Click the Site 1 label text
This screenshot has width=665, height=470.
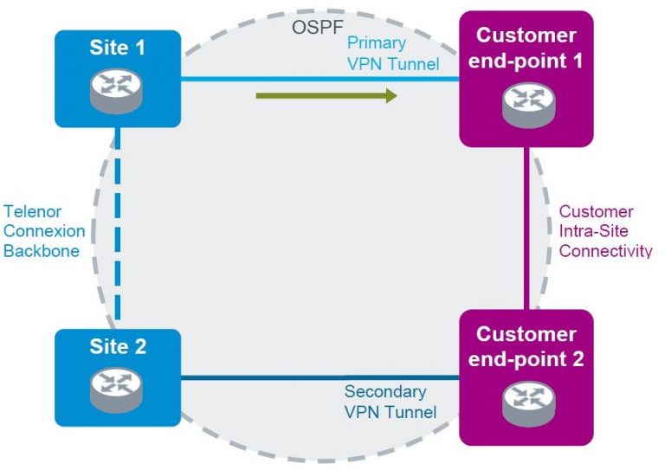point(118,48)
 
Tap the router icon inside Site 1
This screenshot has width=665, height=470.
point(118,88)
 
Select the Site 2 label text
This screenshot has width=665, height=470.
point(118,347)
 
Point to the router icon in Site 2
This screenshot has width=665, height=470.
point(118,389)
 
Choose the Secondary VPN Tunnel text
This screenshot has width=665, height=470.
point(391,402)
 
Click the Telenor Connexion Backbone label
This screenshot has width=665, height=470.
point(44,231)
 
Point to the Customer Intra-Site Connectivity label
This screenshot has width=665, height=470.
point(605,231)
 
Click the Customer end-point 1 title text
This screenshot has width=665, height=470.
point(526,48)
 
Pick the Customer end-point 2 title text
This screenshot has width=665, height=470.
point(526,345)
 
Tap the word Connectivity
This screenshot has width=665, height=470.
point(605,251)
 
